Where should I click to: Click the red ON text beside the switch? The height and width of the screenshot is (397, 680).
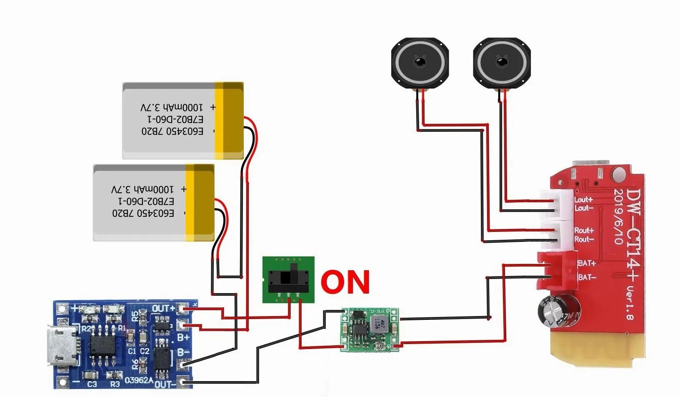coord(345,281)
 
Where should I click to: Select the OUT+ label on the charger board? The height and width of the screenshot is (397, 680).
coord(163,309)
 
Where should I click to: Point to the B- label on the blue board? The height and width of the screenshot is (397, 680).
coord(183,352)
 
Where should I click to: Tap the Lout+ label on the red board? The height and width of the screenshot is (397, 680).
coord(583,200)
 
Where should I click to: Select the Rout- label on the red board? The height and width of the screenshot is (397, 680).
coord(584,239)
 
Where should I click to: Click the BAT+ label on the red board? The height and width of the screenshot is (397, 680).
coord(587,263)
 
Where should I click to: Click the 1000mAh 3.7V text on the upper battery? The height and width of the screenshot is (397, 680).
coord(172,107)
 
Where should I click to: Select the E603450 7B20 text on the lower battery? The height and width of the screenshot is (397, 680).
coord(143,213)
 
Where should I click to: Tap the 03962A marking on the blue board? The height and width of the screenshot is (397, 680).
coord(139,380)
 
